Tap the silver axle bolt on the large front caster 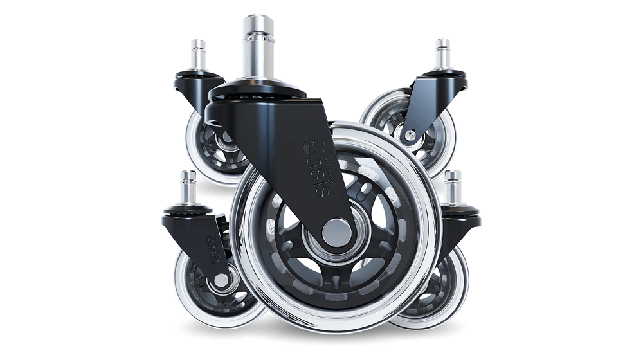pyautogui.click(x=336, y=231)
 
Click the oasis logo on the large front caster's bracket pyautogui.click(x=318, y=163)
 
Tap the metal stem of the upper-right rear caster pyautogui.click(x=442, y=55)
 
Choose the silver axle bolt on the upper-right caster pyautogui.click(x=410, y=134)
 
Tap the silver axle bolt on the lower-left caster pyautogui.click(x=221, y=280)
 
